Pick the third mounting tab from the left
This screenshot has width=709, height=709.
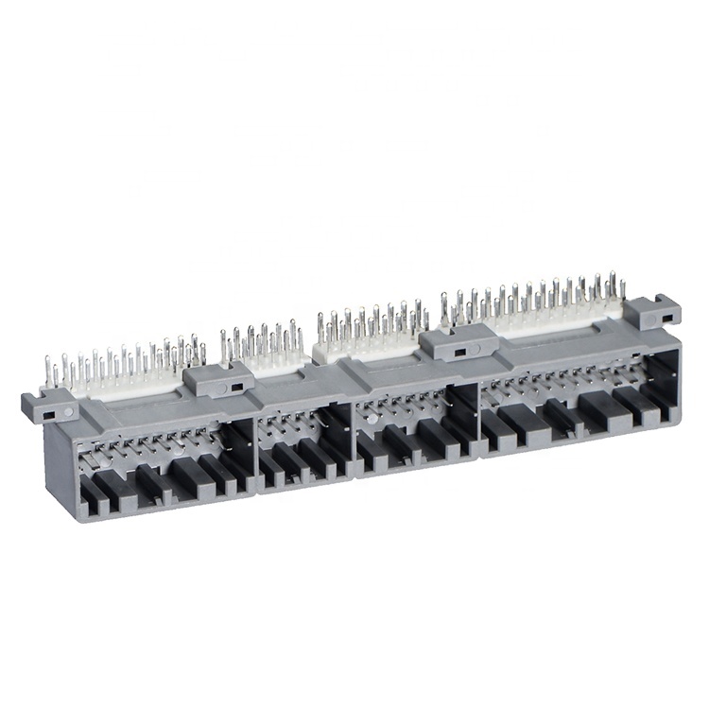(x=456, y=342)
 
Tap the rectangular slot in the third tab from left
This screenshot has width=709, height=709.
(x=460, y=352)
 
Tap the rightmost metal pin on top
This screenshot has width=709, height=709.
(x=623, y=285)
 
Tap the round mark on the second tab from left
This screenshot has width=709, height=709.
(x=224, y=388)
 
